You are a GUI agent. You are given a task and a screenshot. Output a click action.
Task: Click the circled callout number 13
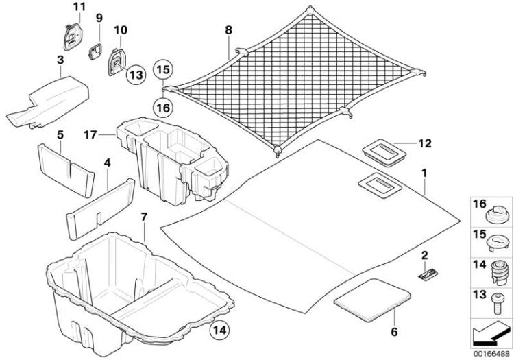pyautogui.click(x=134, y=73)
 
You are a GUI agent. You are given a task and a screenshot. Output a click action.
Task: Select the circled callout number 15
pyautogui.click(x=162, y=69)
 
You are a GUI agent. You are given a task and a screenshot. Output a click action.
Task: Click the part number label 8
pyautogui.click(x=228, y=30)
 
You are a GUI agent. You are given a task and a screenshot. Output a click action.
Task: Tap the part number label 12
pyautogui.click(x=425, y=143)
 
